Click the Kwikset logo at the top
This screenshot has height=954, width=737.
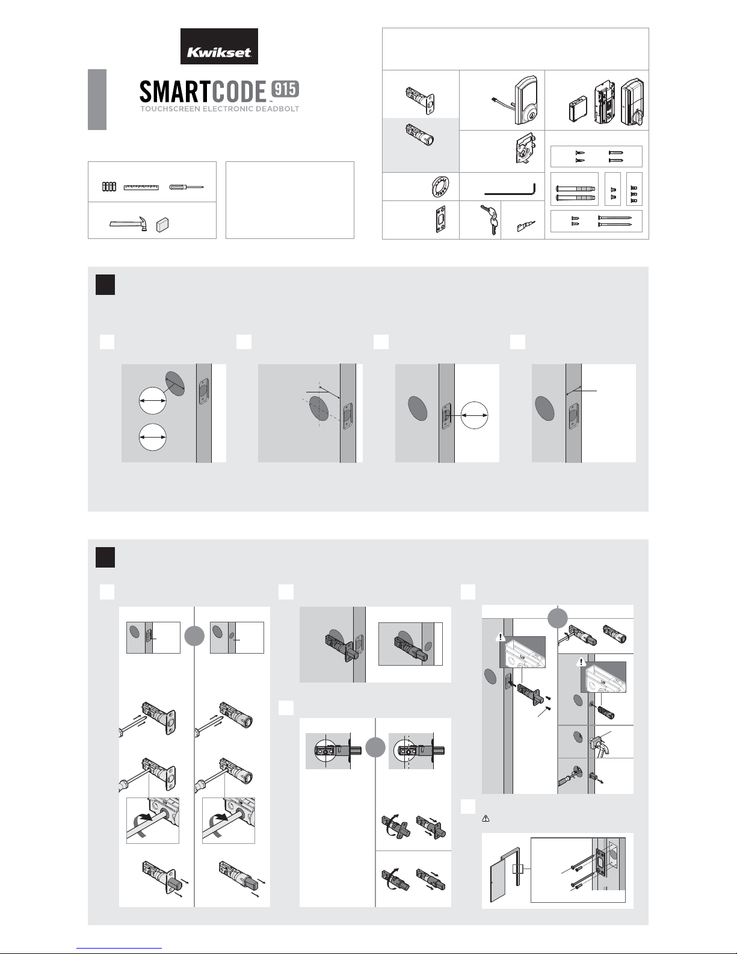(219, 46)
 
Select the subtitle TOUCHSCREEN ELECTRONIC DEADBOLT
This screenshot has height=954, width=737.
(219, 109)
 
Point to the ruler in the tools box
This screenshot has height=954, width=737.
(141, 187)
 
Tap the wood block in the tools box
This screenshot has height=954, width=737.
(162, 225)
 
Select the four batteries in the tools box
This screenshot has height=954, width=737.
(109, 187)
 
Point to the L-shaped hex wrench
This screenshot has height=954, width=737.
(509, 189)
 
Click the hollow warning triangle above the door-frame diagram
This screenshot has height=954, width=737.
(485, 819)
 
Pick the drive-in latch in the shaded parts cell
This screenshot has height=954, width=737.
(421, 135)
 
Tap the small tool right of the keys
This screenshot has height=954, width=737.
(523, 226)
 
